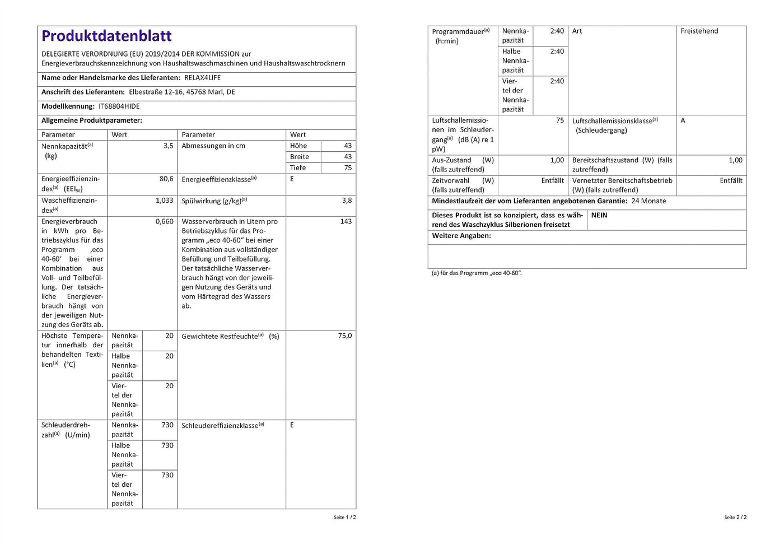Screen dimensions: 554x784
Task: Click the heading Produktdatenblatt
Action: [106, 36]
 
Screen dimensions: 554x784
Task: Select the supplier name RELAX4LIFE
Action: [202, 78]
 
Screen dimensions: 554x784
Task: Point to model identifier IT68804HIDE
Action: [119, 106]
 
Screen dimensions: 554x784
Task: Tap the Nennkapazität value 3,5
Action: [169, 146]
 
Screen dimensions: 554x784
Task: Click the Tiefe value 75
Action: [348, 168]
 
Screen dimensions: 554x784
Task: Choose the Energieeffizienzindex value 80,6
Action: [166, 179]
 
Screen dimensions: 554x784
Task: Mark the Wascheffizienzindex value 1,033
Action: [165, 201]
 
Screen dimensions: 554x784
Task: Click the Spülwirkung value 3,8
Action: [347, 201]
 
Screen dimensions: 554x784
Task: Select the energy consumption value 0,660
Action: [165, 222]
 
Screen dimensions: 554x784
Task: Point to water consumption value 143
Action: [346, 222]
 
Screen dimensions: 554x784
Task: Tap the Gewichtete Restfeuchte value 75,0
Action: [345, 336]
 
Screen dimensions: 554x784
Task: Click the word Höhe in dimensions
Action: [298, 146]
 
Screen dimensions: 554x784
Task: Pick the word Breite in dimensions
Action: [300, 157]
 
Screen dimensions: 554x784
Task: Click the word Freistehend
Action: [699, 31]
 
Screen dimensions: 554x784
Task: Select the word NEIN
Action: [599, 216]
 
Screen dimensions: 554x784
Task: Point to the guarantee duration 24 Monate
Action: [648, 201]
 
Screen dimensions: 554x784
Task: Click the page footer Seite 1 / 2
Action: [344, 518]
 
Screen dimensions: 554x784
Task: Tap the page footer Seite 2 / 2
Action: [735, 518]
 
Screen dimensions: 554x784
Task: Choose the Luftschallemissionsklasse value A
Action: [683, 121]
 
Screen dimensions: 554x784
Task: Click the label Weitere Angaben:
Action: [461, 236]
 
